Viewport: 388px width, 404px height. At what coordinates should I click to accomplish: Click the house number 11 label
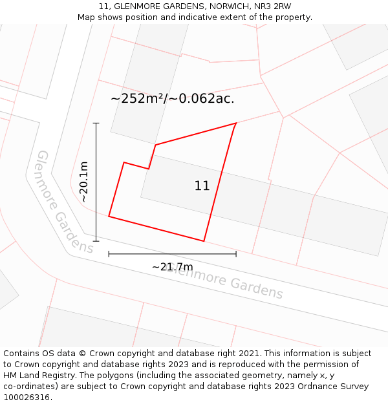tap(202, 186)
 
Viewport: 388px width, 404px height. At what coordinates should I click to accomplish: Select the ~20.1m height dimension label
tap(84, 182)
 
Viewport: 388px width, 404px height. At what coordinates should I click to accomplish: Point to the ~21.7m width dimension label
tap(172, 267)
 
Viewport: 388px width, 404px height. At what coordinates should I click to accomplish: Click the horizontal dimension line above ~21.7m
tap(172, 254)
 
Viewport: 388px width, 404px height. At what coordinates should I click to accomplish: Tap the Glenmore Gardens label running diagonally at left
tap(64, 202)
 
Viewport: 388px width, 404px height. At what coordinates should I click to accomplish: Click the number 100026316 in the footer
tap(27, 397)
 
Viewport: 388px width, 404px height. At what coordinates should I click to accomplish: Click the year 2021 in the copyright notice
tap(248, 353)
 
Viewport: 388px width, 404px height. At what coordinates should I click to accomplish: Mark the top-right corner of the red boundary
tap(236, 123)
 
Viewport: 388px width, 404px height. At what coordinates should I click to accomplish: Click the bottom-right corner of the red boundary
tap(204, 241)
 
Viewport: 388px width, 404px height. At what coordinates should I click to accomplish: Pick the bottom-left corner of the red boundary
tap(109, 217)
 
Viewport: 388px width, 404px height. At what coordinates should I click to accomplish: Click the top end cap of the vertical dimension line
tap(96, 123)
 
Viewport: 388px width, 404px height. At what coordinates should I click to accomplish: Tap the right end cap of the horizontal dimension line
tap(236, 254)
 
